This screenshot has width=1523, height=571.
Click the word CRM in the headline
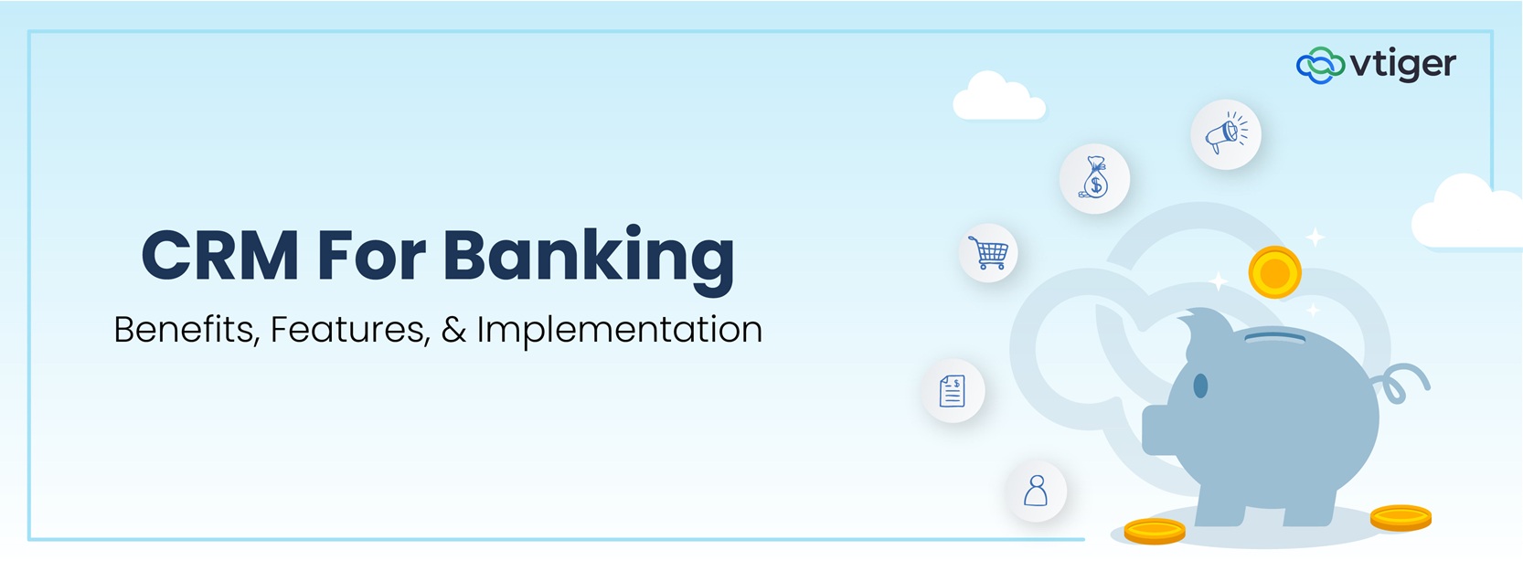coord(219,255)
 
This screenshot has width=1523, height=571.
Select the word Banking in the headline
coord(589,257)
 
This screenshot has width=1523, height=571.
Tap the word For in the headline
coord(371,255)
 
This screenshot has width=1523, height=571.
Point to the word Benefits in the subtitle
coord(184,330)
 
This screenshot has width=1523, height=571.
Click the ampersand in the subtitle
coord(453,330)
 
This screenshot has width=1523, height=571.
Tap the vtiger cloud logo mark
coord(1320,65)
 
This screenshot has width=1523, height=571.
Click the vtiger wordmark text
coord(1403,65)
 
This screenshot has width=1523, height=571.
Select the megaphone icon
coord(1226,134)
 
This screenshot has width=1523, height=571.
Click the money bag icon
coord(1094,178)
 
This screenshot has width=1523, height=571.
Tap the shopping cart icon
coord(988,252)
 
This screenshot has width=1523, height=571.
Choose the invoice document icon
coord(953,391)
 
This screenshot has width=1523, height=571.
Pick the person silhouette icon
coord(1036,492)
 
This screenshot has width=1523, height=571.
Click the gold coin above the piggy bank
coord(1274,272)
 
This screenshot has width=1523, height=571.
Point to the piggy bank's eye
coord(1200,386)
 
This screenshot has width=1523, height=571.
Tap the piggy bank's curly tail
coord(1403,383)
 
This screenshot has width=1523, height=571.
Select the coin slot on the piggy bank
coord(1274,336)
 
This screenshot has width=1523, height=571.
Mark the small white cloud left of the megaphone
coord(997,99)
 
